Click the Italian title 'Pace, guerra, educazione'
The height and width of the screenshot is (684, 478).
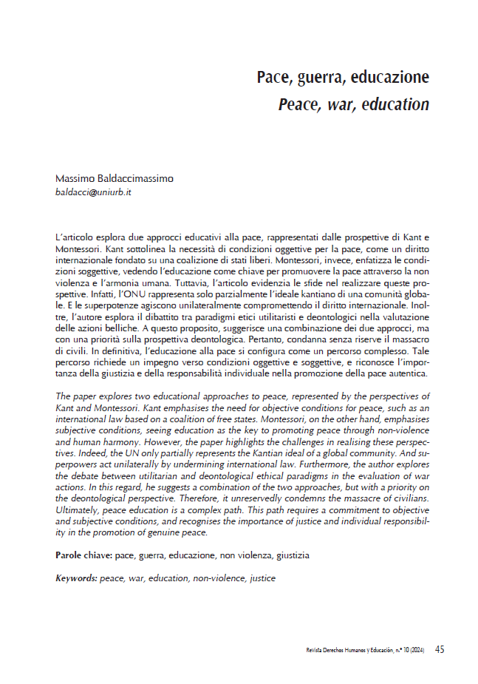(343, 77)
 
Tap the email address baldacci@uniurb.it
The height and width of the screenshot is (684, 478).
(93, 192)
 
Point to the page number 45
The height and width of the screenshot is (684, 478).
(440, 650)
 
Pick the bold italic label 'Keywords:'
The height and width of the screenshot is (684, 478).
(77, 578)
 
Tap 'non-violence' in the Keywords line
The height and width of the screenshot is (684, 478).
(219, 578)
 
